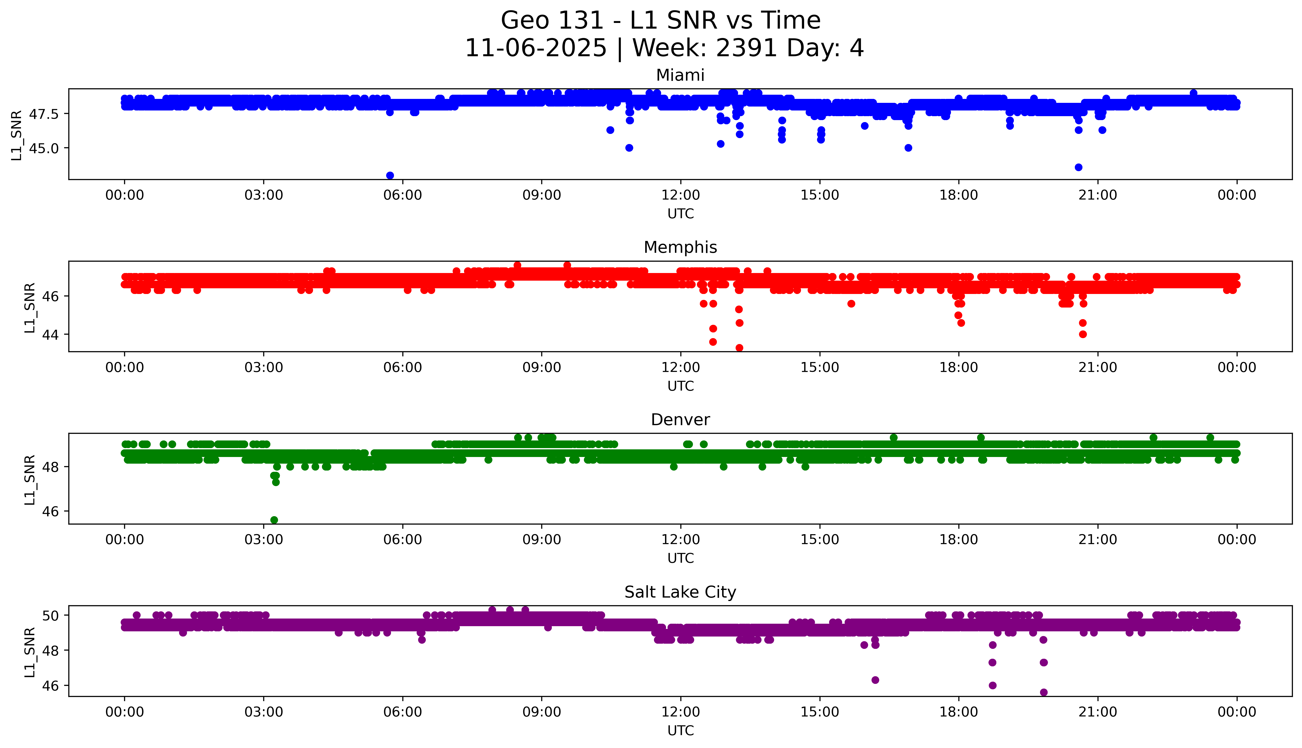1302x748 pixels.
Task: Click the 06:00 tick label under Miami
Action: coord(403,195)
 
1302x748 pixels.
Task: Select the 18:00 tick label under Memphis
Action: coord(959,367)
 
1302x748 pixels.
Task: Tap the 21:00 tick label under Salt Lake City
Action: coord(1098,712)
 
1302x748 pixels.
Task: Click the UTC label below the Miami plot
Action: coord(680,214)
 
